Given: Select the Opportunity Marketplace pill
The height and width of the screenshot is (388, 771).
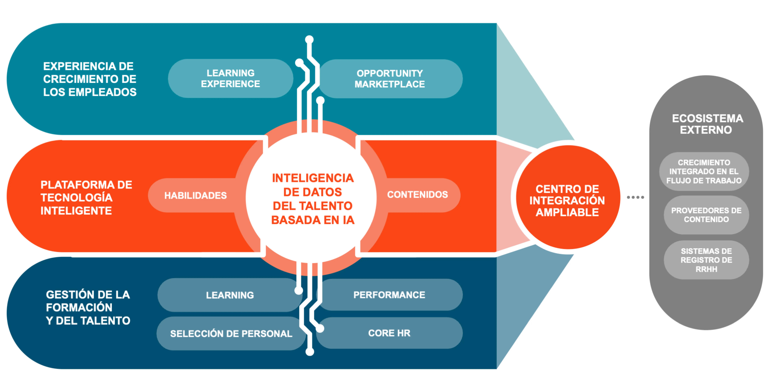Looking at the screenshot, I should click(x=390, y=79).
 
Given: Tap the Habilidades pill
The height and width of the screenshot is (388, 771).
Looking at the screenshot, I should click(x=195, y=195).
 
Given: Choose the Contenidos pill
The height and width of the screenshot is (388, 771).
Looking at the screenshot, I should click(x=417, y=195).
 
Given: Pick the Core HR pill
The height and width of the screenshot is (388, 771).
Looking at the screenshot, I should click(x=389, y=333).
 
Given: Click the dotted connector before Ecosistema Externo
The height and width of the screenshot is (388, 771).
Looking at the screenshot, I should click(x=635, y=197).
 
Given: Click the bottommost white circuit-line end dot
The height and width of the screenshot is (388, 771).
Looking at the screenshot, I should click(x=310, y=352).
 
